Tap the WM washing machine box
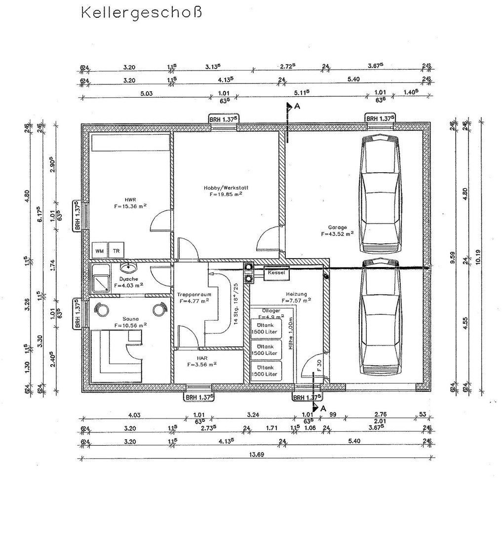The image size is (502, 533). click(100, 251)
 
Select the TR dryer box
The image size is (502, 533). click(116, 251)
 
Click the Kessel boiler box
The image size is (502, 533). click(277, 272)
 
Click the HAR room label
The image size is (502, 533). click(202, 358)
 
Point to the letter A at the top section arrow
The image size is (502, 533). click(297, 106)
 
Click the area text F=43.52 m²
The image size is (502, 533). click(337, 234)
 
